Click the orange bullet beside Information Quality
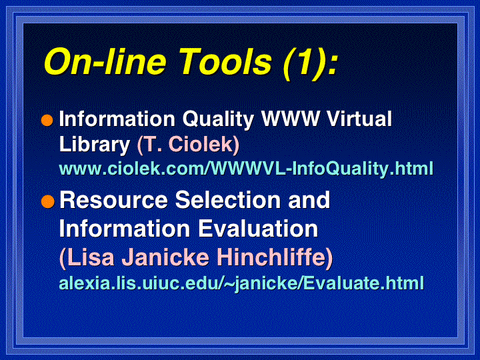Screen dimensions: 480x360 47,120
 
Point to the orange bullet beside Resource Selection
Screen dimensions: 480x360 47,201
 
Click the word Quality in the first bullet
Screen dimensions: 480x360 218,119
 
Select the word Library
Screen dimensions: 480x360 95,145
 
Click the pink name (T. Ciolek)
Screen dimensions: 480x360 188,145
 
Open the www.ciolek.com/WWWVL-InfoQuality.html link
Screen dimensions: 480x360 246,169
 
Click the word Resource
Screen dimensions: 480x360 113,200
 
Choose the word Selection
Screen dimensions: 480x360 228,200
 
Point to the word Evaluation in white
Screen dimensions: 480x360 259,229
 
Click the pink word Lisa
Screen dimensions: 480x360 87,257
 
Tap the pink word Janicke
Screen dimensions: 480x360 165,257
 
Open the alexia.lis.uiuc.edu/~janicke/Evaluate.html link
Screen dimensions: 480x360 241,283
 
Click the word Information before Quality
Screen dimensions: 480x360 117,119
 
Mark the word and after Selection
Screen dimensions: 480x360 309,200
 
